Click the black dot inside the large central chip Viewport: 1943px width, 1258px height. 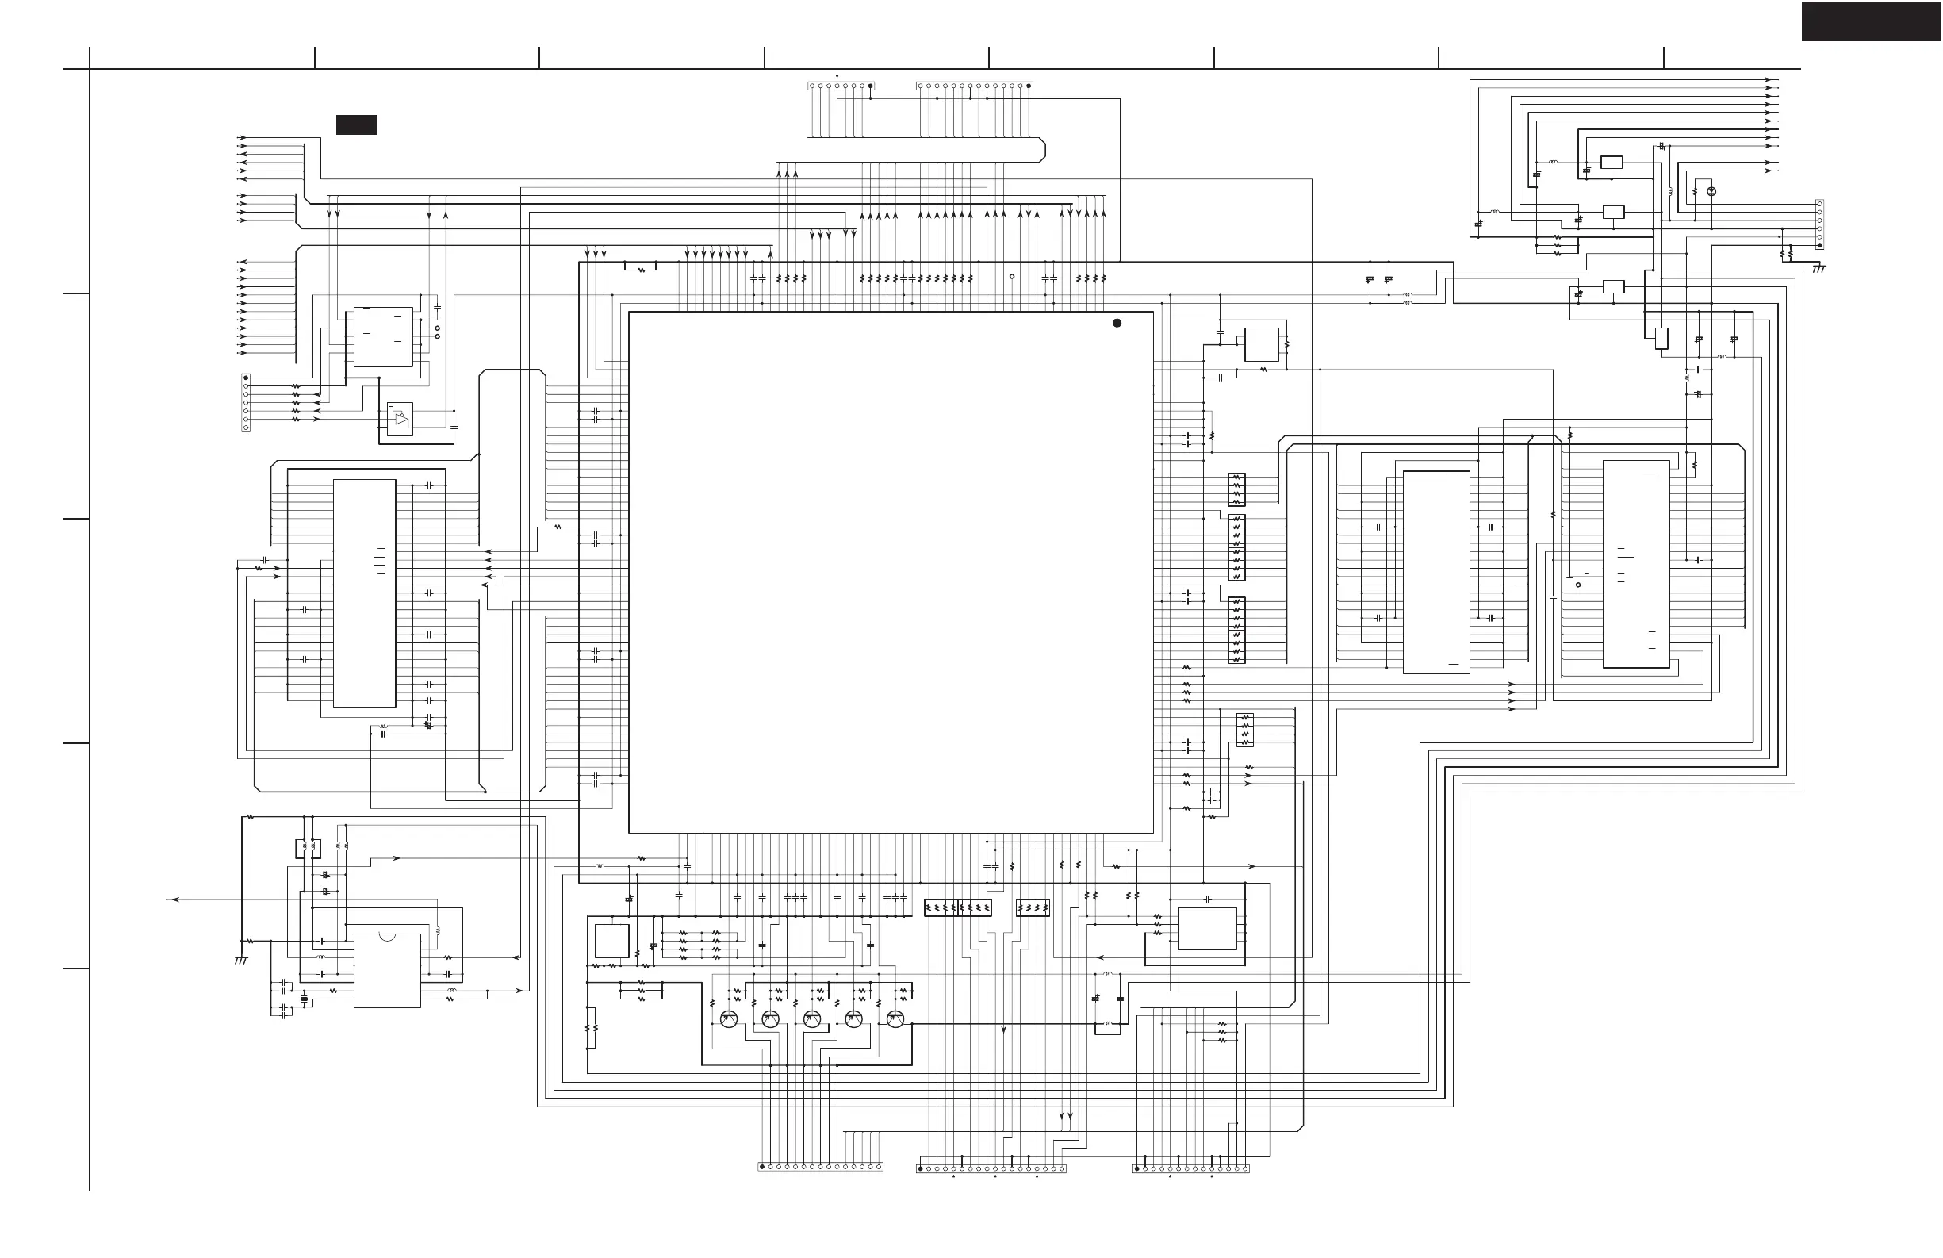click(x=1117, y=324)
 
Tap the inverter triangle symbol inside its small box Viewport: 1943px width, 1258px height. click(x=400, y=419)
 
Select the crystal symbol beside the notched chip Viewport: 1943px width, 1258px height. click(x=305, y=999)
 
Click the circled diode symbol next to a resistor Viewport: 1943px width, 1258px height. click(x=1712, y=191)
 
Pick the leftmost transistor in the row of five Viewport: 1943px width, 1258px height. click(x=729, y=1018)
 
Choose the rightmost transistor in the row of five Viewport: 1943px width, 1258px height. click(x=895, y=1018)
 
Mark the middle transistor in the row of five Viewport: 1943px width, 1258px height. click(x=812, y=1018)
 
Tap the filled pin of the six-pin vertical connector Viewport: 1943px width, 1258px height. click(x=1819, y=245)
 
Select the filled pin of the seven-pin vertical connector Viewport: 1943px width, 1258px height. click(x=246, y=378)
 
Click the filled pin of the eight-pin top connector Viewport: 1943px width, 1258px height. click(x=870, y=86)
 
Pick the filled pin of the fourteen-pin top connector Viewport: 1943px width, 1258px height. click(x=1028, y=86)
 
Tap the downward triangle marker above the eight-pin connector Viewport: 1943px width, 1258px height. click(x=837, y=77)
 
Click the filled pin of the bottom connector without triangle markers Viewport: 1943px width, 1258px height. click(x=762, y=1168)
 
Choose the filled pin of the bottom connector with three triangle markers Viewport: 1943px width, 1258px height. click(x=921, y=1169)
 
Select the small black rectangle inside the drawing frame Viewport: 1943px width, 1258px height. click(x=356, y=125)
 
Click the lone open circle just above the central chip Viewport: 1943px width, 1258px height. click(x=1012, y=277)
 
